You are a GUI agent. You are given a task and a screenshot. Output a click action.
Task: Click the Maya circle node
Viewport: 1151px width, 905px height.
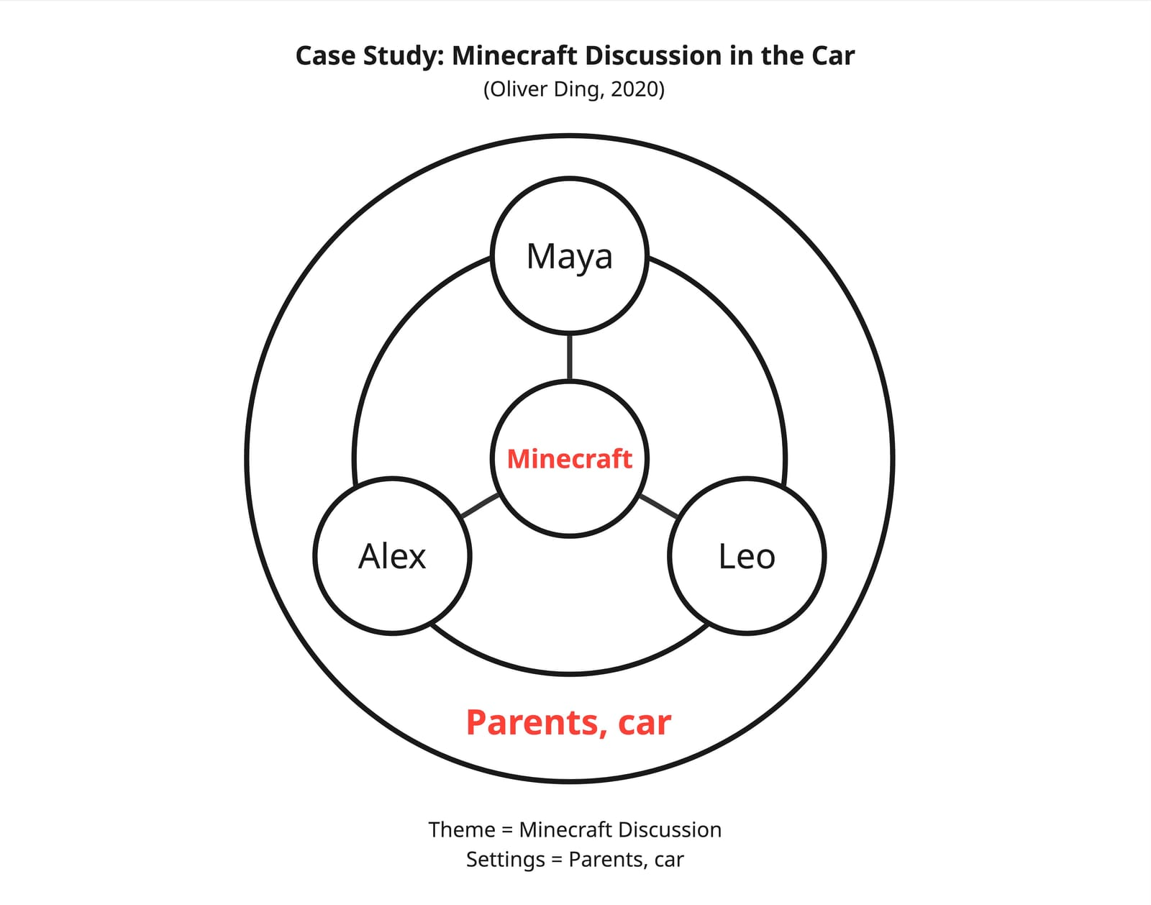pyautogui.click(x=570, y=256)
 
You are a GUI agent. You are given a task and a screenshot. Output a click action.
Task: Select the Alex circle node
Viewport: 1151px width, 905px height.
pyautogui.click(x=392, y=556)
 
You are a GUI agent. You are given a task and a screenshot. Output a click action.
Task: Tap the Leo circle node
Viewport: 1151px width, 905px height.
pyautogui.click(x=747, y=556)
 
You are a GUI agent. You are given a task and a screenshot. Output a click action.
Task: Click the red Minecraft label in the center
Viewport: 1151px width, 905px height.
pyautogui.click(x=570, y=459)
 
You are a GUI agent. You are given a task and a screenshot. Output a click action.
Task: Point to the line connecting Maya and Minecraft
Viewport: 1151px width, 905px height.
pyautogui.click(x=570, y=357)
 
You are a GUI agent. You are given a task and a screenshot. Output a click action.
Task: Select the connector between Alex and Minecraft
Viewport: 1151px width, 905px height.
pyautogui.click(x=480, y=506)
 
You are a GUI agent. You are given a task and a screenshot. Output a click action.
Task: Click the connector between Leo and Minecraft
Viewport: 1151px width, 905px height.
pyautogui.click(x=658, y=506)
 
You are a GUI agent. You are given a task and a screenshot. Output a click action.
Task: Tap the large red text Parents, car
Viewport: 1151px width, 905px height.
pyautogui.click(x=568, y=722)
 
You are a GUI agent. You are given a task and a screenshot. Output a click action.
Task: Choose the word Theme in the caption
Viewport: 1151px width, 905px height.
pyautogui.click(x=461, y=829)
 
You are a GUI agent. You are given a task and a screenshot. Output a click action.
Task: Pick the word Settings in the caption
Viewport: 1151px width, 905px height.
pyautogui.click(x=505, y=859)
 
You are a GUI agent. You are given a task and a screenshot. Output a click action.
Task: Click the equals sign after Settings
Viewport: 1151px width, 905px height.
pyautogui.click(x=557, y=860)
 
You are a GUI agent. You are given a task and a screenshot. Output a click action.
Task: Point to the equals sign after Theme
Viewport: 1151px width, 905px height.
pyautogui.click(x=507, y=830)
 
